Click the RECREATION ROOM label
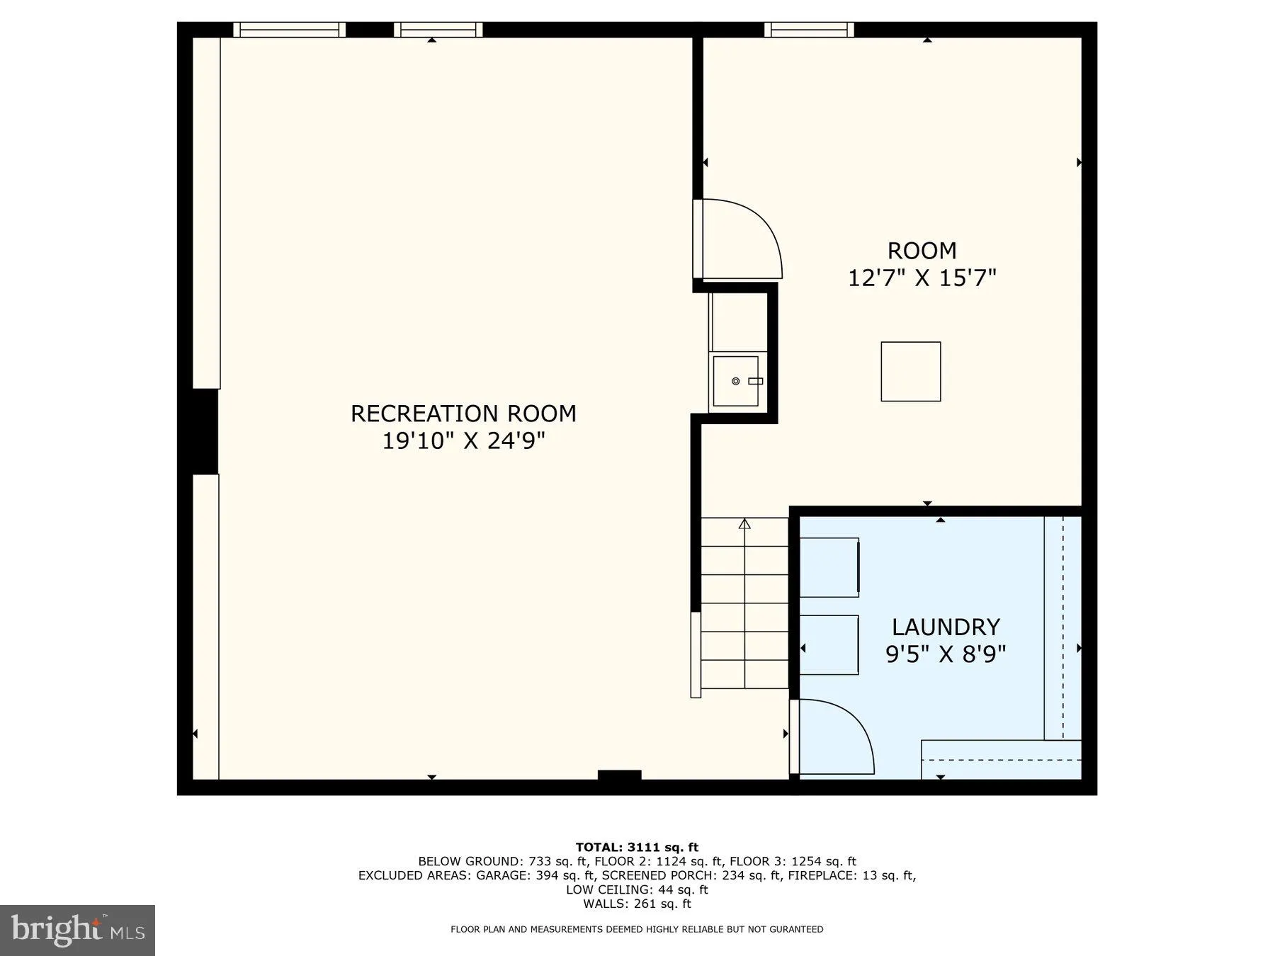click(463, 414)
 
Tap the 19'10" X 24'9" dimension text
click(463, 441)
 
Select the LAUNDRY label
click(946, 627)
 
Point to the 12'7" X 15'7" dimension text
click(922, 278)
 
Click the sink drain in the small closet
click(735, 382)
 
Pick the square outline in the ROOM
click(910, 372)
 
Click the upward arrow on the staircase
click(744, 525)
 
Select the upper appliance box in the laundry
click(829, 567)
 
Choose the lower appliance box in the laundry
click(829, 645)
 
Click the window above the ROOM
click(808, 30)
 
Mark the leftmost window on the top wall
click(289, 30)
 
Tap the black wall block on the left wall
click(204, 431)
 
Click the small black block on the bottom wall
click(619, 775)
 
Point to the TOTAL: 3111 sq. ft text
click(637, 847)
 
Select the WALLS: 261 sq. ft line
click(637, 904)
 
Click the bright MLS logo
click(77, 930)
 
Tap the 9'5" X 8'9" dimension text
click(946, 654)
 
